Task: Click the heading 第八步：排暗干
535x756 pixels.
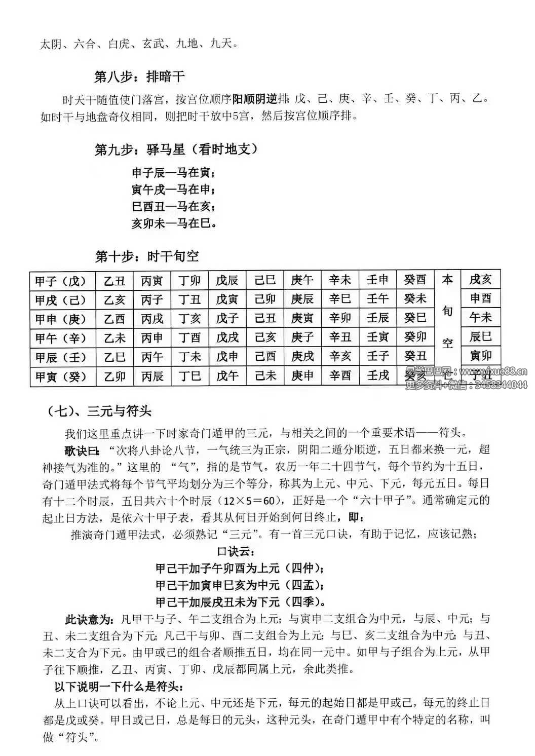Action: coord(139,77)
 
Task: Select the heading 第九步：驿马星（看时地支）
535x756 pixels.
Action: coord(177,149)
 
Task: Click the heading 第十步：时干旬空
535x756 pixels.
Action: coord(147,256)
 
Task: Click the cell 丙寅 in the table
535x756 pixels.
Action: coord(152,280)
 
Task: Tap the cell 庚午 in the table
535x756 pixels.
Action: coord(302,280)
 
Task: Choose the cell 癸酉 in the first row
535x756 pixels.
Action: coord(415,280)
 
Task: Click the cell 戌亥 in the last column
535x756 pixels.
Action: coord(480,279)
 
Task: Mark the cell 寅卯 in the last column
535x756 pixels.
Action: coord(480,356)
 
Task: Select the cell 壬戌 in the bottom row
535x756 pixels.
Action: coord(378,376)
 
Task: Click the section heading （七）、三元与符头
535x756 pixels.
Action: coord(99,411)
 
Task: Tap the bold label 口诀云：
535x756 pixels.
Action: coord(236,551)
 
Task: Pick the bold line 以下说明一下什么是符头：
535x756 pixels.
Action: coord(119,687)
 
